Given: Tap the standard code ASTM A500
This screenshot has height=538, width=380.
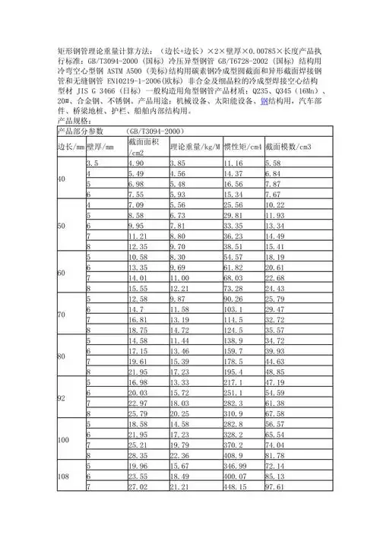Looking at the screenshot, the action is coord(122,68).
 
